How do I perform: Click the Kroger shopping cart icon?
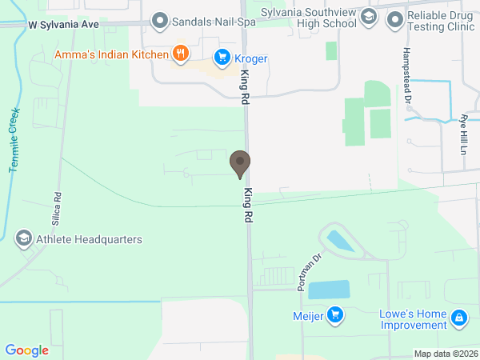point(222,58)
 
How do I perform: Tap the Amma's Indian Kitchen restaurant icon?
point(182,54)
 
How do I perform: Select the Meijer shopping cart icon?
point(336,314)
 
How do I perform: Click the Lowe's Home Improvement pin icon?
point(459,319)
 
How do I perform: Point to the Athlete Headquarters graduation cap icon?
point(24,239)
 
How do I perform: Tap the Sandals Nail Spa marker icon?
point(160,20)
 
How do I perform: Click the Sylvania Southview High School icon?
point(368,16)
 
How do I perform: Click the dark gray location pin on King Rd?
point(239,164)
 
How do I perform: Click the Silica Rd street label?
point(58,206)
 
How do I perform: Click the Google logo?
point(27,350)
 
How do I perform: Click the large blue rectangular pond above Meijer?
point(329,290)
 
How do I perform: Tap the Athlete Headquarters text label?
point(89,239)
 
